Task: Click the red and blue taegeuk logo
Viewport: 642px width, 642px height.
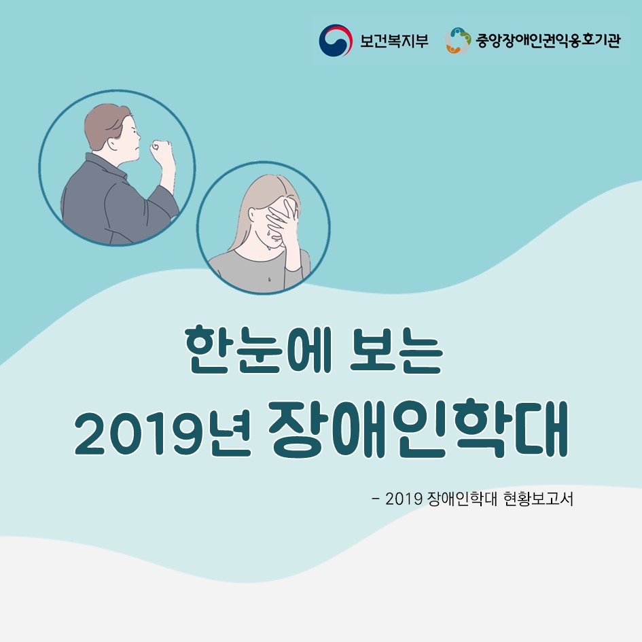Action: tap(336, 40)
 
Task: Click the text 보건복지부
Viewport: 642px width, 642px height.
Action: tap(394, 41)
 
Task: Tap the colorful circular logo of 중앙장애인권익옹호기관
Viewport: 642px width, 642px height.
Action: tap(458, 40)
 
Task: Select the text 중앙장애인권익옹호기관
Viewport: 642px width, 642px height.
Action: tap(548, 40)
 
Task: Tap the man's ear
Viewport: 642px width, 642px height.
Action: tap(113, 143)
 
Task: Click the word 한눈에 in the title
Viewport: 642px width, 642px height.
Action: tap(256, 349)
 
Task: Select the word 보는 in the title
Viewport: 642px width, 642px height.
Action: tap(396, 349)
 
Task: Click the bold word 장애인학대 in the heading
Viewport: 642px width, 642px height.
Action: tap(418, 428)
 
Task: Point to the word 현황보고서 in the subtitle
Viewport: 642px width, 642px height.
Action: tap(538, 499)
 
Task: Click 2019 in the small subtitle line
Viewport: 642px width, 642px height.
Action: tap(404, 499)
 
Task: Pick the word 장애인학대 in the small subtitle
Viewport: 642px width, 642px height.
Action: tap(461, 499)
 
